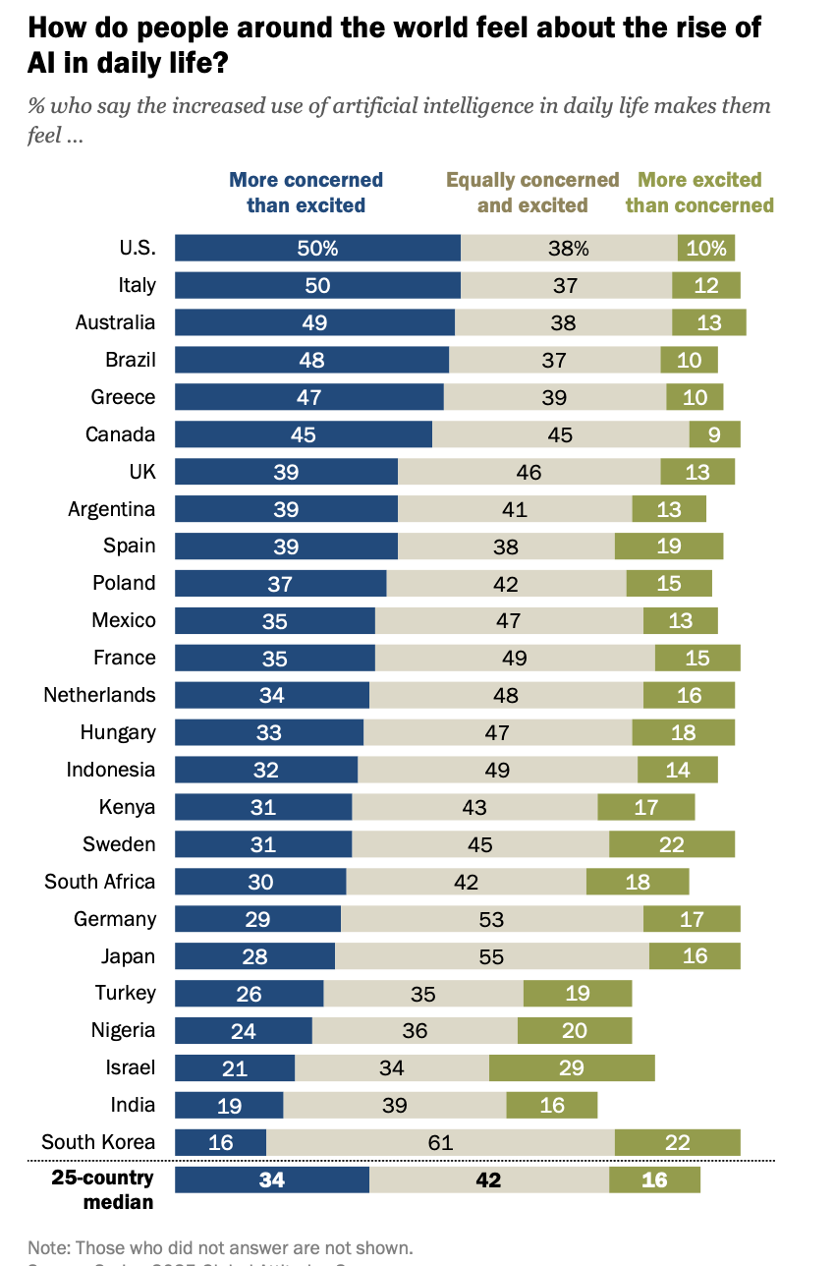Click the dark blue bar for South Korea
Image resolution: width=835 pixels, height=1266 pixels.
(220, 1142)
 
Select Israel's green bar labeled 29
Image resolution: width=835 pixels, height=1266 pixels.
(572, 1067)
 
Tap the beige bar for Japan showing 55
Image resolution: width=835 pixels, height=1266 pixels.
(491, 955)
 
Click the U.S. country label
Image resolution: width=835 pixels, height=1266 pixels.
(132, 248)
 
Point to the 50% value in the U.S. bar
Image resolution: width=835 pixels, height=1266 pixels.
(317, 249)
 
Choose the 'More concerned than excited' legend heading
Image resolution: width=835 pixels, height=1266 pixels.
(306, 193)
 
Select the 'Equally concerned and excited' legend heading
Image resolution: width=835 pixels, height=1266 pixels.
(532, 193)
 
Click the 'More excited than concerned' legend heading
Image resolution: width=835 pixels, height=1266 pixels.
(699, 193)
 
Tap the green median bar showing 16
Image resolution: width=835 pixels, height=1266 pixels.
(654, 1180)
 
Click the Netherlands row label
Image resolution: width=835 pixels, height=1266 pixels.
(99, 695)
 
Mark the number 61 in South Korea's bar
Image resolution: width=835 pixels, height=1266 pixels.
(440, 1142)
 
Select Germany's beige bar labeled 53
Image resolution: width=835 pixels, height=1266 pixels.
(491, 919)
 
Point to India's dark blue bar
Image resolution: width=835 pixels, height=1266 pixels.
(229, 1105)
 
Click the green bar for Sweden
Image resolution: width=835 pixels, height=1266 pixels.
(672, 844)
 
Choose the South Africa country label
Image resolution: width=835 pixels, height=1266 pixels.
(99, 881)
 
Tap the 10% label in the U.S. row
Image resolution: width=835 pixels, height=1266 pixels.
(706, 249)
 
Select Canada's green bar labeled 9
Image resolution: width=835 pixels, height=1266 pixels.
(714, 434)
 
